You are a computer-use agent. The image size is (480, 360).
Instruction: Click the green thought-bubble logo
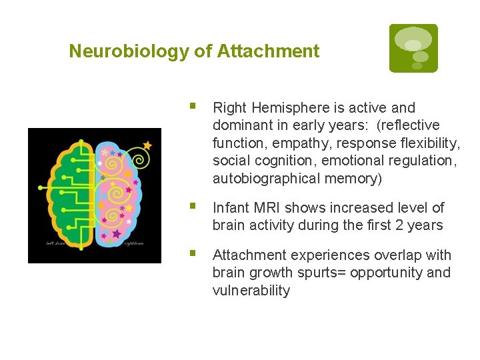pyautogui.click(x=413, y=48)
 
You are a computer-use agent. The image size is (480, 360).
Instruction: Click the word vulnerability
pyautogui.click(x=251, y=291)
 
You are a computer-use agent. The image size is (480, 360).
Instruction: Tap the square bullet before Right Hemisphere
pyautogui.click(x=193, y=107)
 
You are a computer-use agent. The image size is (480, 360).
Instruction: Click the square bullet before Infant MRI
pyautogui.click(x=193, y=207)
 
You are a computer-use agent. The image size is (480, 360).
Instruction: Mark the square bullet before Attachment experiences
pyautogui.click(x=193, y=254)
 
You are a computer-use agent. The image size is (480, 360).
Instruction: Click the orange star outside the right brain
pyautogui.click(x=147, y=145)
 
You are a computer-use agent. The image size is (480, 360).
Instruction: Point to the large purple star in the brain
pyautogui.click(x=117, y=234)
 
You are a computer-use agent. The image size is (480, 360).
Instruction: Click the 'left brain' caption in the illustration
pyautogui.click(x=57, y=243)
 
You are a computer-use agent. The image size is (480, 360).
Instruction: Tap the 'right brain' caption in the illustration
pyautogui.click(x=133, y=243)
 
